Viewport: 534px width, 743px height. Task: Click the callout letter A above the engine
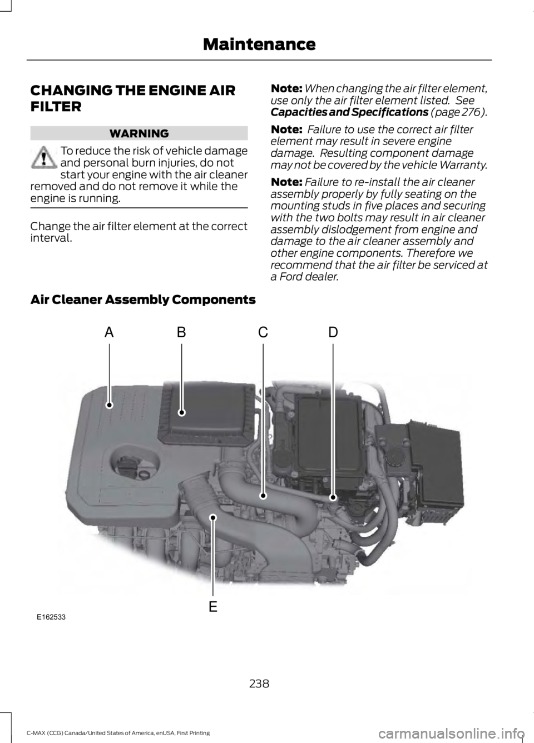point(109,332)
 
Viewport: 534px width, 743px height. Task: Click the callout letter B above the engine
point(181,332)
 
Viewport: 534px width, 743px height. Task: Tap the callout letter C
point(263,332)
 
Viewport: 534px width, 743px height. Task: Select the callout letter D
point(333,332)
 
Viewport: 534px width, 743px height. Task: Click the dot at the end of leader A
point(110,406)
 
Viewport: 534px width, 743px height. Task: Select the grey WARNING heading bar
point(139,133)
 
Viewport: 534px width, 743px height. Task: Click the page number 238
point(259,684)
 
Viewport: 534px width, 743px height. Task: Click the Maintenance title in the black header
point(259,43)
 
